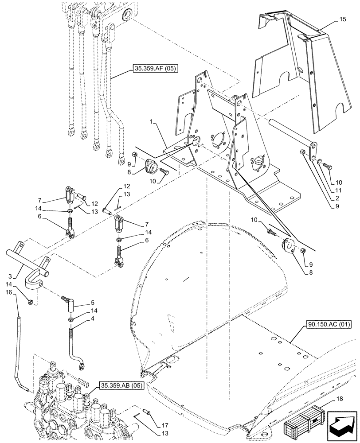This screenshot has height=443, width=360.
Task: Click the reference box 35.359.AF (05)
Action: pos(154,69)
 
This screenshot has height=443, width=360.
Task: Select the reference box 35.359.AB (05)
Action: pos(116,385)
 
